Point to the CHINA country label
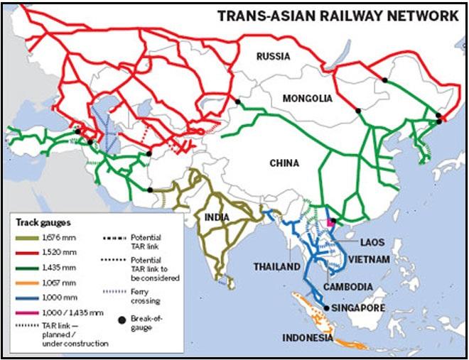(x=284, y=163)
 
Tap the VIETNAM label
(x=370, y=260)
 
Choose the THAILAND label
(x=277, y=267)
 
